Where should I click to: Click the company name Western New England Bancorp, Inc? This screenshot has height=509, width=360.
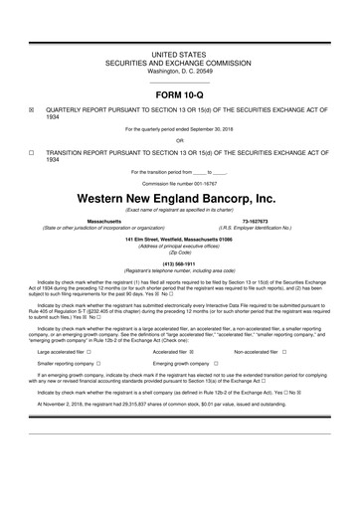click(179, 200)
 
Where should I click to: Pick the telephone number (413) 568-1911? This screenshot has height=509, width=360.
click(179, 264)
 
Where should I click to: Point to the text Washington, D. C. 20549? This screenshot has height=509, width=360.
click(179, 72)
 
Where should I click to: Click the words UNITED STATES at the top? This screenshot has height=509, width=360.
click(179, 50)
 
